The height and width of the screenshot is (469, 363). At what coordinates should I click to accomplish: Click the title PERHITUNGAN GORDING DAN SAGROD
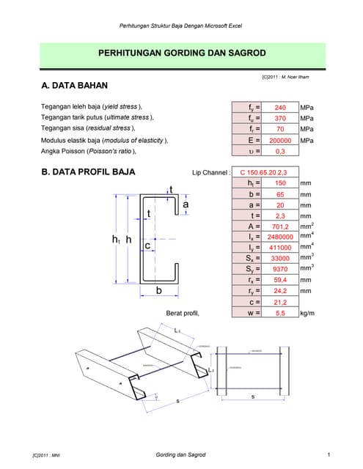pos(182,53)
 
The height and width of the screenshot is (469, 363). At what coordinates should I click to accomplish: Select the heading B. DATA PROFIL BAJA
pos(89,172)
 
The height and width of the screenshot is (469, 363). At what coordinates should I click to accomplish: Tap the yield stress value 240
pos(280,107)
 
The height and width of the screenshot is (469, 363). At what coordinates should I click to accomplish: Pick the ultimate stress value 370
pos(280,118)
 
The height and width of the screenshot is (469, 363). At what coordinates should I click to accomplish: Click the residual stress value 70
pos(280,129)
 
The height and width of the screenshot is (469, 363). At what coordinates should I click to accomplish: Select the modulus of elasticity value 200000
pos(280,140)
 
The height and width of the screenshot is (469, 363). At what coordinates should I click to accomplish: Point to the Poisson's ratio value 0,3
pos(280,151)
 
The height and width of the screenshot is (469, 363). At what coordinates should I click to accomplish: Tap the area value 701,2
pos(280,226)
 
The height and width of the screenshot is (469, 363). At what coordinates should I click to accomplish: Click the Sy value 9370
pos(280,269)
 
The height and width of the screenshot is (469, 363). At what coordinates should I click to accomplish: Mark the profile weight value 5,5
pos(280,313)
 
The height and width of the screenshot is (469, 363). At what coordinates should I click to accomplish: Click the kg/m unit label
pos(307,313)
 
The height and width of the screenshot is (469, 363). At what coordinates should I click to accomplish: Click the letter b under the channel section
pos(158,291)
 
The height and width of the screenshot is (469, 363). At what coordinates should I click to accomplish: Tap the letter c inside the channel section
pos(148,246)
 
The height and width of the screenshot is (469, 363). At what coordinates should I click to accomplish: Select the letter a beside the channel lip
pos(186,205)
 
